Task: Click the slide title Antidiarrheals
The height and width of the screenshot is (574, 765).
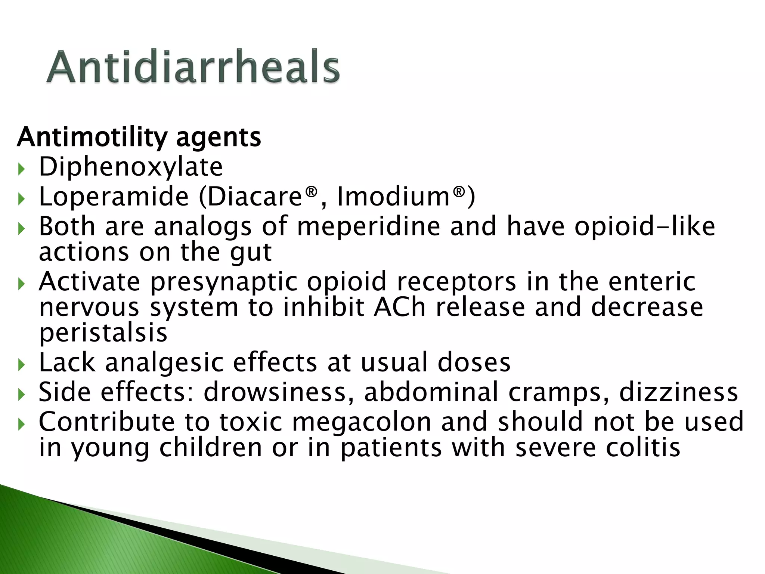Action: (x=193, y=67)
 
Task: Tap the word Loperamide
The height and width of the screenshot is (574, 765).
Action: (x=114, y=197)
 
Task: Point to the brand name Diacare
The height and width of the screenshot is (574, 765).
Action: (x=254, y=197)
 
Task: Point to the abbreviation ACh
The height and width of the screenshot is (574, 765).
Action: (x=400, y=307)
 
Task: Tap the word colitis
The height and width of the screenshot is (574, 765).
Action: (x=643, y=447)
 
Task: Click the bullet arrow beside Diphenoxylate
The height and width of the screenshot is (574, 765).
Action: (x=21, y=169)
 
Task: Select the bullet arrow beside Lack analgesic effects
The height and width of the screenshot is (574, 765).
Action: (x=21, y=365)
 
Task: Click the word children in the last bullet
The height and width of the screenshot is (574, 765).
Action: (x=211, y=447)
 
